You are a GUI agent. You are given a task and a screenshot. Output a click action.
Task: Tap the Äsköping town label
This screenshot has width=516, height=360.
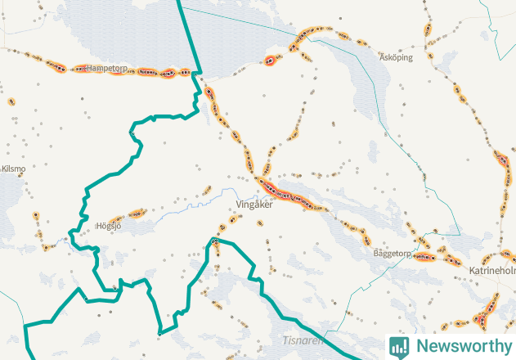[396, 58]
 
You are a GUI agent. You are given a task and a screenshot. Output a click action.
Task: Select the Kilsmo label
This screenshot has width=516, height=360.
[14, 169]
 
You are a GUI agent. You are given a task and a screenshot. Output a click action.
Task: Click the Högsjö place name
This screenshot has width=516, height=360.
[109, 226]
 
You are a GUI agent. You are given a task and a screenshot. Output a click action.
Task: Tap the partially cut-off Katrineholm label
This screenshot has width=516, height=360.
[492, 269]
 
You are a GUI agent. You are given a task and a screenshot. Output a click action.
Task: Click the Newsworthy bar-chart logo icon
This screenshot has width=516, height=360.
[399, 346]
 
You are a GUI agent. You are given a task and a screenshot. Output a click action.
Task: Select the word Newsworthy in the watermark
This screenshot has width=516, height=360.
[460, 346]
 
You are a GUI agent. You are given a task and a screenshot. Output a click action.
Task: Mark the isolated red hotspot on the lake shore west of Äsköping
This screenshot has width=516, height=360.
[271, 60]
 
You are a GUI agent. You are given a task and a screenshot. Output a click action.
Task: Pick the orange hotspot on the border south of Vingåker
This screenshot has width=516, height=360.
[215, 241]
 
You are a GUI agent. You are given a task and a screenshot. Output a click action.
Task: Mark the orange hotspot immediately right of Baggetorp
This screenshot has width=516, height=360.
[426, 256]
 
